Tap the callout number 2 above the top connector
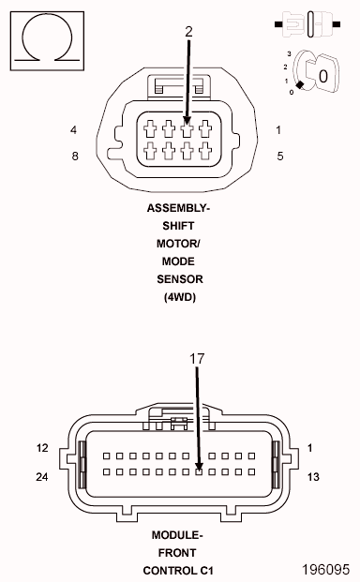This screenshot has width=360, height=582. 188,32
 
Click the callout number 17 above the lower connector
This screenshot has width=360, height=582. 197,359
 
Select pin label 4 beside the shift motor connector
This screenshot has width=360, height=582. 74,130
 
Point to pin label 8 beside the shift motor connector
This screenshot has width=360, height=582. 75,156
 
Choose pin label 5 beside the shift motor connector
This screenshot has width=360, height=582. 279,156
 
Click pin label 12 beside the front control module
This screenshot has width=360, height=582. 42,448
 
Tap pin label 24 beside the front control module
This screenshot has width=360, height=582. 42,477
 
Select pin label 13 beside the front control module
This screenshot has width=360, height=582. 313,477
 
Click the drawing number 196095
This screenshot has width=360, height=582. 325,569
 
